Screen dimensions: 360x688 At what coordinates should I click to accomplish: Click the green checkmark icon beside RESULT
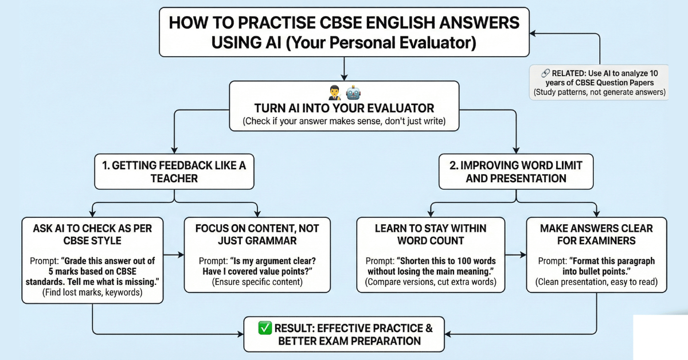264,329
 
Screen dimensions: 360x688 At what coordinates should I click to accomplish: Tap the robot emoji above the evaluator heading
353,92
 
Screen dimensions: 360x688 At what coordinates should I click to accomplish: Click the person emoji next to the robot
336,92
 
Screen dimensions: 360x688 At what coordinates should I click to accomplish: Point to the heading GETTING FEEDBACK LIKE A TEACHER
174,171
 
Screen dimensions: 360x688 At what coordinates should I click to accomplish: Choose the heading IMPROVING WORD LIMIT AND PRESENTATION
516,171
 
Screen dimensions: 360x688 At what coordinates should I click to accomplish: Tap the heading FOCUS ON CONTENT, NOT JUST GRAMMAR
257,234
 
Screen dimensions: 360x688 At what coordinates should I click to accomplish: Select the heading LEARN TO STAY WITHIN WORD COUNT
431,234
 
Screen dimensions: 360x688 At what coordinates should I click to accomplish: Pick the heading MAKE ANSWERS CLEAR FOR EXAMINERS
596,234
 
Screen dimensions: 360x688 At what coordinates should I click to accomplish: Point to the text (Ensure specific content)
257,281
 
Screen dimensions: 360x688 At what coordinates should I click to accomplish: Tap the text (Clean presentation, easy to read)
596,281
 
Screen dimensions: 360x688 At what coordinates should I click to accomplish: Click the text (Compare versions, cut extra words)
431,281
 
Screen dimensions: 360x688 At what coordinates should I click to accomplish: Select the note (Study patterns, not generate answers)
600,92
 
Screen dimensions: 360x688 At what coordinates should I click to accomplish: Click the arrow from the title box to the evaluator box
344,69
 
